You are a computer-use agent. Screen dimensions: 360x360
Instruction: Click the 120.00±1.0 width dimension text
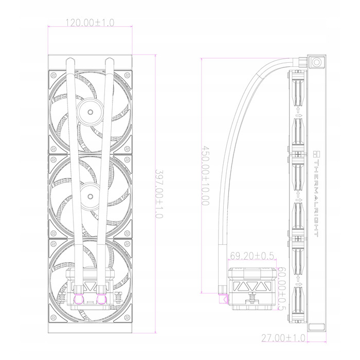[x=90, y=23]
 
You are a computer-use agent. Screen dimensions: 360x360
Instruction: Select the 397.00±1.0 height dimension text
[x=159, y=194]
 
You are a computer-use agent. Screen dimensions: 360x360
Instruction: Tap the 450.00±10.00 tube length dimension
[x=206, y=176]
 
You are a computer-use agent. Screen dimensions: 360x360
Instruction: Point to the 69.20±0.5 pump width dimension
[x=252, y=256]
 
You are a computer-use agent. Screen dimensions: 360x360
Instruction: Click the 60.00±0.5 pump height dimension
[x=282, y=289]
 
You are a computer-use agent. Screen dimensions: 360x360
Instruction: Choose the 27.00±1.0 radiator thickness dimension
[x=283, y=338]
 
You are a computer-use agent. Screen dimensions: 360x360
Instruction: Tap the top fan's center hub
[x=90, y=112]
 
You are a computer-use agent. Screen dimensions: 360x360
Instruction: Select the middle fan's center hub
[x=90, y=196]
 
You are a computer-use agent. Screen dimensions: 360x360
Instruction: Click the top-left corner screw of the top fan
[x=53, y=75]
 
